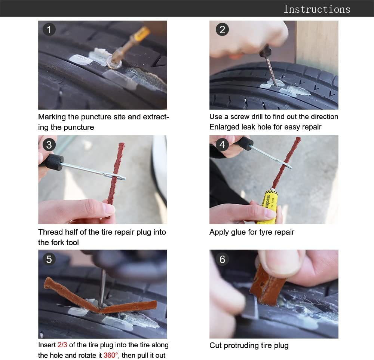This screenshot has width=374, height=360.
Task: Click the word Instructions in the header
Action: pos(317,9)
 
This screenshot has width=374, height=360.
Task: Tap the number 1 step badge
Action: pos(49,30)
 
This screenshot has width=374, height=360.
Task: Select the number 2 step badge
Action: pos(222,30)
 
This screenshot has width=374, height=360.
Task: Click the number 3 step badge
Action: pos(49,144)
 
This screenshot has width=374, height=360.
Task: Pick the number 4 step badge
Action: pos(222,144)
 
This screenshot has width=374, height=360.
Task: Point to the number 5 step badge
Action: pos(49,259)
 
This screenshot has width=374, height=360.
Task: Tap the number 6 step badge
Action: pos(222,259)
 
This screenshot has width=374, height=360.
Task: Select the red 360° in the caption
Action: pos(111,355)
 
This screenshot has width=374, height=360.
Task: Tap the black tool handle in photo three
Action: pos(54,162)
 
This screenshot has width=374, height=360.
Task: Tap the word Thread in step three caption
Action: pos(49,232)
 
